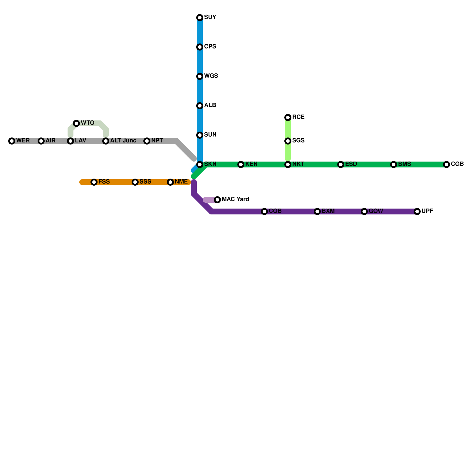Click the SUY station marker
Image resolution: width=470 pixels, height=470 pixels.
[x=200, y=18]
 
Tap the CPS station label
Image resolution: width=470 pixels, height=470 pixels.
[x=210, y=47]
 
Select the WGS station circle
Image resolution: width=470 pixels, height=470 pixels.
[x=200, y=76]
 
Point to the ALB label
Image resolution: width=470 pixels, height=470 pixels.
[x=210, y=105]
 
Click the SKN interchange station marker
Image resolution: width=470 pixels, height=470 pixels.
[x=200, y=164]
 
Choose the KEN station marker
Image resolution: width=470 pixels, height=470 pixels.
[x=241, y=164]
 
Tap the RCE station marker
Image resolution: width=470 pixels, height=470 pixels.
[x=288, y=117]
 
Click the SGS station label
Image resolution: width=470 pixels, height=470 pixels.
[x=298, y=141]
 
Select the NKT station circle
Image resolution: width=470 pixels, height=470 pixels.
[x=288, y=164]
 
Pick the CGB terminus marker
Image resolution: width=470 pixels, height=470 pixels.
[x=446, y=164]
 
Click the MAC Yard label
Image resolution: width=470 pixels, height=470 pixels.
[x=235, y=199]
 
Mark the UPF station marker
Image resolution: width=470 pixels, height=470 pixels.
[x=417, y=211]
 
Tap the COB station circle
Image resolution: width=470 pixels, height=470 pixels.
[x=264, y=211]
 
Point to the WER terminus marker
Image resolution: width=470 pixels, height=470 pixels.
[x=12, y=141]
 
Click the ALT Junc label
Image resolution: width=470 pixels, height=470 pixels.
[x=123, y=141]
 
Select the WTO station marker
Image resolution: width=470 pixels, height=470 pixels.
[x=76, y=123]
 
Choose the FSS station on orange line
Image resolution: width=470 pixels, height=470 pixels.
[x=94, y=182]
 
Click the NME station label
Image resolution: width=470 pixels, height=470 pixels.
[x=181, y=182]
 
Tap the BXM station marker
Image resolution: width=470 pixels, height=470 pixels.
[x=317, y=211]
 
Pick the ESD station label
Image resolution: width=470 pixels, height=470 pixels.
[x=351, y=164]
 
